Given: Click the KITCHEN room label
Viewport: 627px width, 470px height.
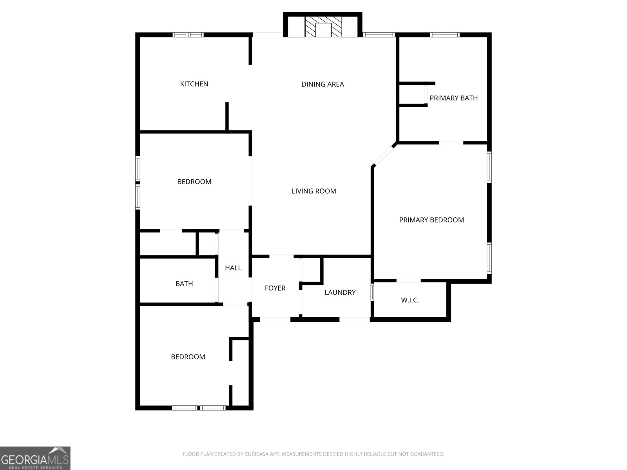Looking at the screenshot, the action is click(194, 84).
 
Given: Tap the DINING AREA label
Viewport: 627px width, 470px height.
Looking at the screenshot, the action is click(323, 84).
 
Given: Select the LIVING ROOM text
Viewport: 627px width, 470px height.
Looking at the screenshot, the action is click(313, 191).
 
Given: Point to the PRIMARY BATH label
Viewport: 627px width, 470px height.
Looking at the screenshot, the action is click(454, 98).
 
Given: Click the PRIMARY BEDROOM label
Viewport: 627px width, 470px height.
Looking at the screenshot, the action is click(431, 220).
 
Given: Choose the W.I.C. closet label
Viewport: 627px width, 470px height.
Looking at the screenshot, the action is click(410, 300).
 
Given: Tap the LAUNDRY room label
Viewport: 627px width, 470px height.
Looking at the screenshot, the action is click(340, 293).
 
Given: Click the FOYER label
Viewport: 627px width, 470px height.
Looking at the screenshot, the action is click(275, 288).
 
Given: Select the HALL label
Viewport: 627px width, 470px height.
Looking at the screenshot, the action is click(233, 268).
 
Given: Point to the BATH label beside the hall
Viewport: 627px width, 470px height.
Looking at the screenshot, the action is click(184, 284).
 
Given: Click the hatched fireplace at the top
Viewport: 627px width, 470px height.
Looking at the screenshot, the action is click(323, 27).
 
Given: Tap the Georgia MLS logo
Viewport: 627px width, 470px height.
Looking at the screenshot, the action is click(35, 458).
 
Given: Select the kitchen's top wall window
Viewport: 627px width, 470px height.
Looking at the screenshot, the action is click(188, 35).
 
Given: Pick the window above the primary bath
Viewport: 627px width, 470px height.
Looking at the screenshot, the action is click(444, 35).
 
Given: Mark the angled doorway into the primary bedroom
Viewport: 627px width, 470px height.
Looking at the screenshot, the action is click(384, 155).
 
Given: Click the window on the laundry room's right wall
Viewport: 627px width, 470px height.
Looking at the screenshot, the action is click(372, 292).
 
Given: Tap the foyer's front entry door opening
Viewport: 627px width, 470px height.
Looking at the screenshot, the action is click(275, 320).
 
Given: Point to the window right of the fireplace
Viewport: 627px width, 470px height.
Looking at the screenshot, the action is click(379, 35).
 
